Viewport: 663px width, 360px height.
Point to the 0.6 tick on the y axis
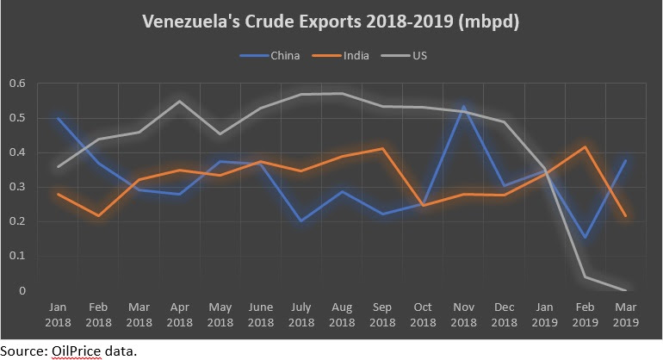pos(18,84)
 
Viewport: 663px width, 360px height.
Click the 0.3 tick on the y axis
pos(18,187)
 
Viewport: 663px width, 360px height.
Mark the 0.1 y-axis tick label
pos(18,257)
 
